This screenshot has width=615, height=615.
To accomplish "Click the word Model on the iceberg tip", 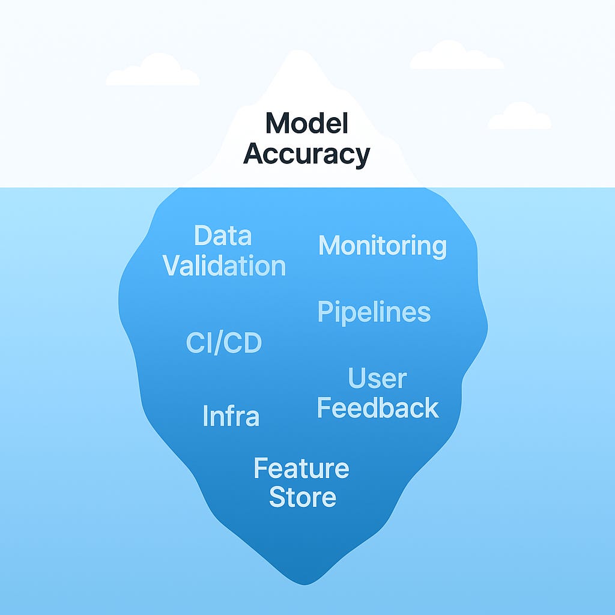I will click(x=306, y=124).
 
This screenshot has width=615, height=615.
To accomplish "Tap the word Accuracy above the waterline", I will click(x=306, y=154).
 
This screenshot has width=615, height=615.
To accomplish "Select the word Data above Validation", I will click(x=222, y=236).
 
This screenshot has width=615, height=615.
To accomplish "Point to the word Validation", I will click(x=225, y=265).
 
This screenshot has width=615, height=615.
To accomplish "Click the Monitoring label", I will click(x=383, y=246).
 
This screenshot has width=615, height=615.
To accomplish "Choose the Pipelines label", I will click(x=374, y=312).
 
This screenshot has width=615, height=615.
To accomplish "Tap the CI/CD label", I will click(x=223, y=344).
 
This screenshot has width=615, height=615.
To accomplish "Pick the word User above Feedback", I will click(x=377, y=378).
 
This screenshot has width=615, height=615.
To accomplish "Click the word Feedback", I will click(x=378, y=408).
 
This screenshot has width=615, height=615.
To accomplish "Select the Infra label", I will click(x=231, y=416).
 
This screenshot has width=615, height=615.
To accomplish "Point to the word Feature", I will click(x=301, y=468).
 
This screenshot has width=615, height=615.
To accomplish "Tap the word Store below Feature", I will click(x=302, y=497).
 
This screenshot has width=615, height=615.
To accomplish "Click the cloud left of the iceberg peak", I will click(x=153, y=71).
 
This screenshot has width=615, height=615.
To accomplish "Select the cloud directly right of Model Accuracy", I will click(x=520, y=117).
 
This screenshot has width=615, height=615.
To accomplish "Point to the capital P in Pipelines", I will click(x=324, y=312).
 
